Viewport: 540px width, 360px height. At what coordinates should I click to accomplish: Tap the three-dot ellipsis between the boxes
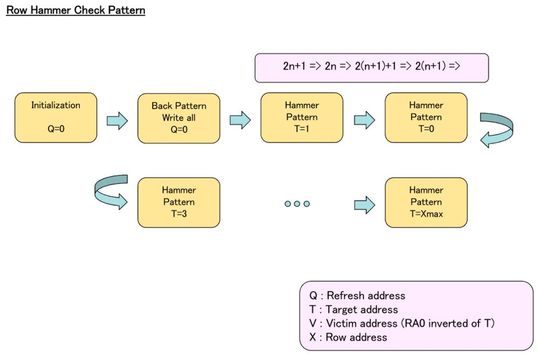(297, 203)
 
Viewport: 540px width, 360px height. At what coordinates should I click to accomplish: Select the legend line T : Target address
(354, 310)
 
